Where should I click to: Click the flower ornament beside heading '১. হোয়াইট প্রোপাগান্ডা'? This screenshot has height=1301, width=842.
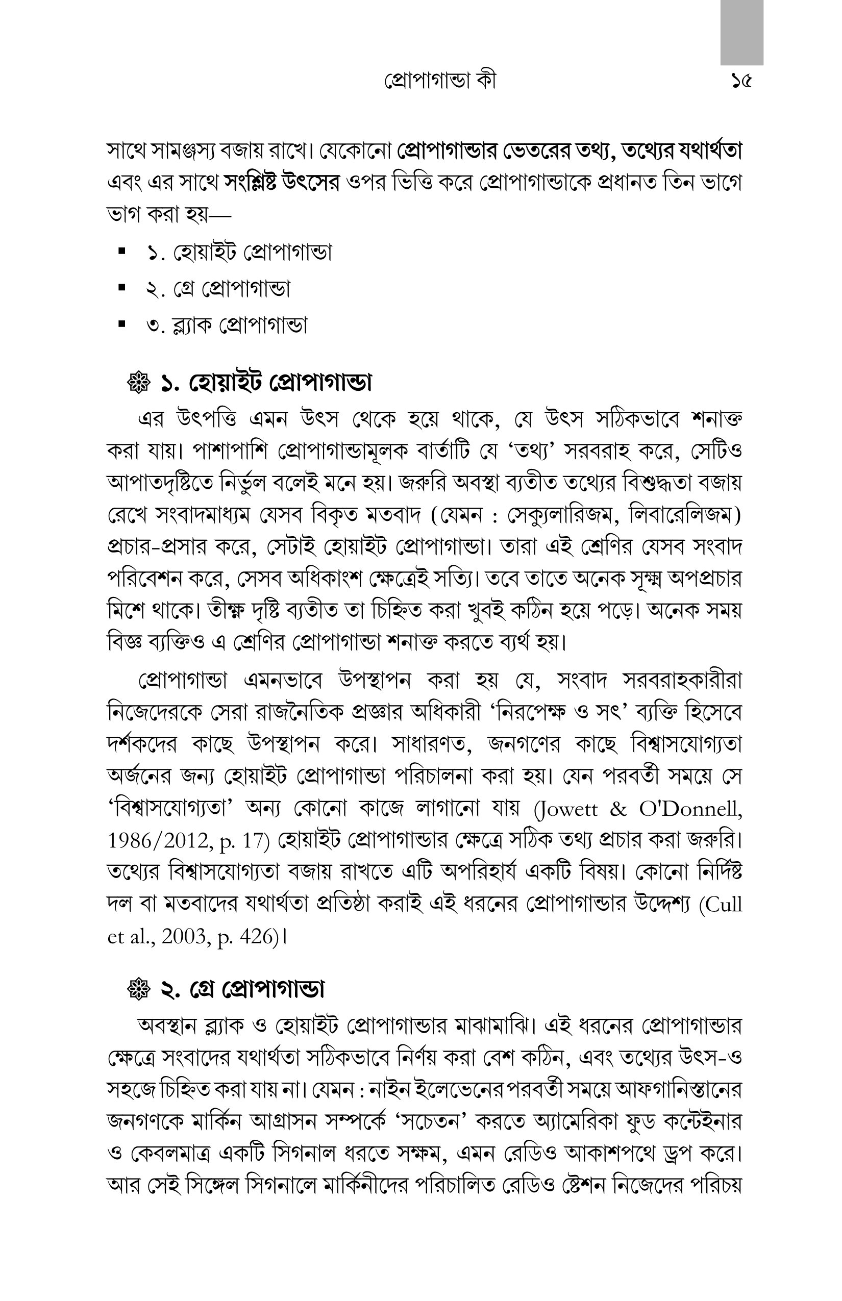point(139,384)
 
